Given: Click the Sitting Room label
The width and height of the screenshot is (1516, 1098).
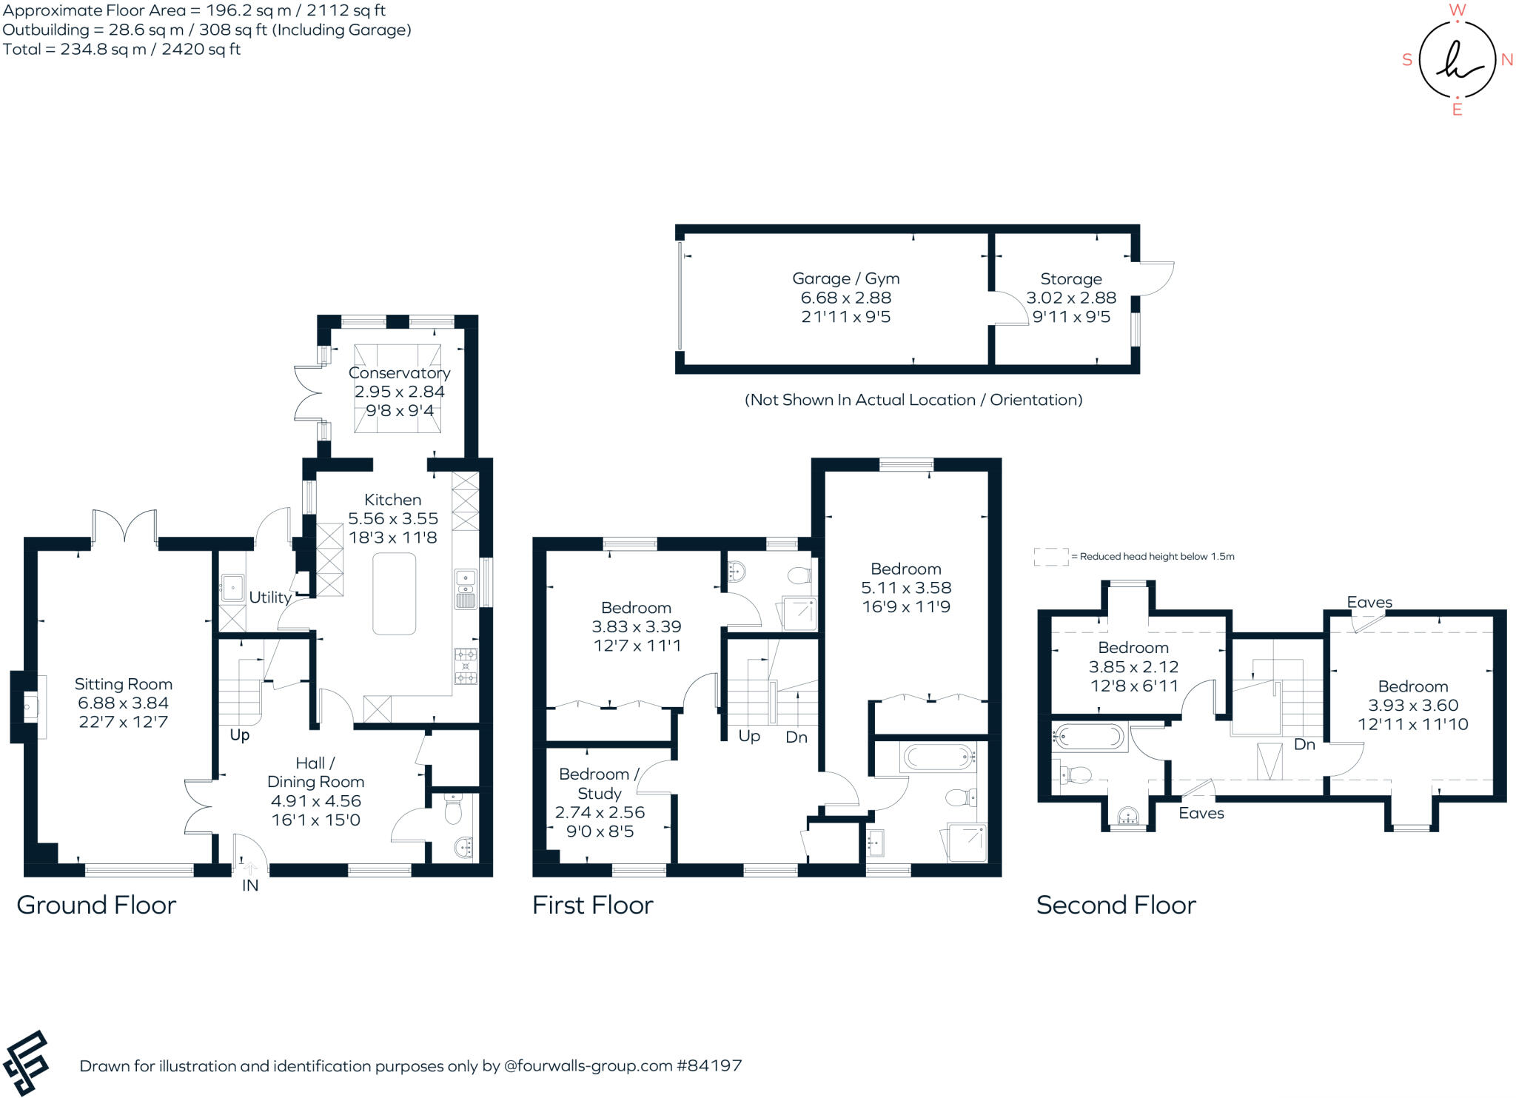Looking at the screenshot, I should [123, 684].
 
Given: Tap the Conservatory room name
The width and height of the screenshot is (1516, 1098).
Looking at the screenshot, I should [399, 372].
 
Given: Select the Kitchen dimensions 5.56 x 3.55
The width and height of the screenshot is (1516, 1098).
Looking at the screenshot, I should [393, 518].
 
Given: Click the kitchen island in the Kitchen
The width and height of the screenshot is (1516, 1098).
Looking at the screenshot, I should [394, 594].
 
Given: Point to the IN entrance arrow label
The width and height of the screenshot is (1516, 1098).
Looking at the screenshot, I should [250, 885].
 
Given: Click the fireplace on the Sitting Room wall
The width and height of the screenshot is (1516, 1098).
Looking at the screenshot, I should [30, 706].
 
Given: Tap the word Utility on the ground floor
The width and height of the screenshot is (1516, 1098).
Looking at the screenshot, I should [269, 597].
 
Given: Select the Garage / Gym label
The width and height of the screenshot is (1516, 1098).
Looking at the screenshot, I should [845, 278].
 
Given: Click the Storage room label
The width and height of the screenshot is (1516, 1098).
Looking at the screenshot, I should [1070, 278].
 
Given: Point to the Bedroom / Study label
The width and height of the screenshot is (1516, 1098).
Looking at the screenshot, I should [599, 783].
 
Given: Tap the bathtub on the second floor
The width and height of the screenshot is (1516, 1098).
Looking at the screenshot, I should [1088, 736].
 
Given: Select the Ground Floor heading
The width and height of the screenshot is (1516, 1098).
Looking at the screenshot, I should [96, 905].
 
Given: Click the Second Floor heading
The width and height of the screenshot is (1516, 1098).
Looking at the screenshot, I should [1116, 905].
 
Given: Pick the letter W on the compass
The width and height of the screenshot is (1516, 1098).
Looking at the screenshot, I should [1457, 10].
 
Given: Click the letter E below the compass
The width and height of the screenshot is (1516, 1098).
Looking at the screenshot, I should [1457, 110].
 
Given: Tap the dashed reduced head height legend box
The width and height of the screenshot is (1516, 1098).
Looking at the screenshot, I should [1051, 557].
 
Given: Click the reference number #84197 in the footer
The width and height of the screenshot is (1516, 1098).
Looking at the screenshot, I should [708, 1065].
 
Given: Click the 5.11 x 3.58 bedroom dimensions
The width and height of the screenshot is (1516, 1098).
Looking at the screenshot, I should [906, 588].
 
